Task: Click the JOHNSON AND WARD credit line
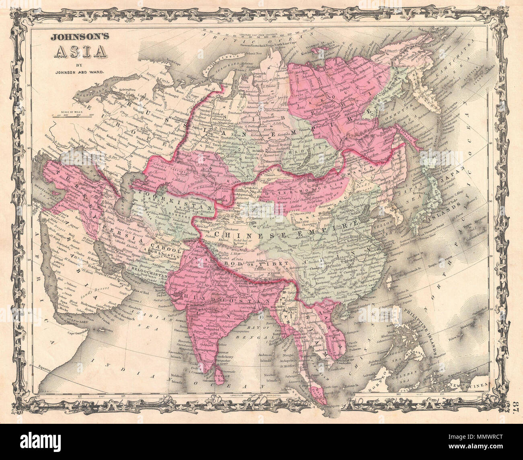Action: tap(78, 72)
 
